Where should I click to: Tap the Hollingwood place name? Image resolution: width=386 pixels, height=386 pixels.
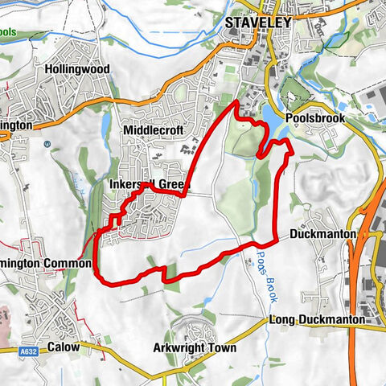pyautogui.click(x=77, y=69)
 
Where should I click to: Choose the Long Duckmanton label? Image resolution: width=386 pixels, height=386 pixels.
pyautogui.click(x=317, y=320)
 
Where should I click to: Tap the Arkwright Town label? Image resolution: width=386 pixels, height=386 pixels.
pyautogui.click(x=195, y=349)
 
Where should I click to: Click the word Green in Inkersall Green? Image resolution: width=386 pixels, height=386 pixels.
pyautogui.click(x=172, y=185)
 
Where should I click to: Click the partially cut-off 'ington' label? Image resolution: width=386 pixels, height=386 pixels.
pyautogui.click(x=16, y=126)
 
